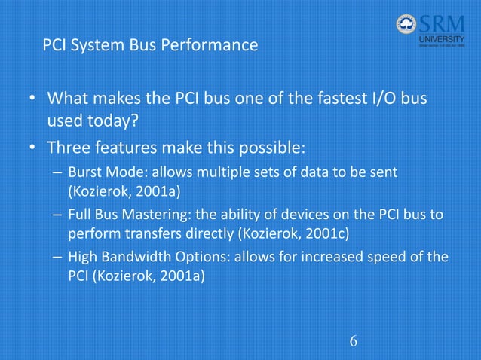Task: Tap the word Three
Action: (72, 145)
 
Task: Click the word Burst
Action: (86, 173)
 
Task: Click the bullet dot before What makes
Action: (32, 99)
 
